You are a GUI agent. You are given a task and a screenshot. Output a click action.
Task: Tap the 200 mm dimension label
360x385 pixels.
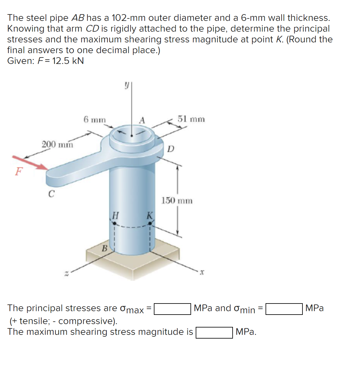coord(58,144)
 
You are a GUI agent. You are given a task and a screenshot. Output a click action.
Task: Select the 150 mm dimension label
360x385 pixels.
coord(177,201)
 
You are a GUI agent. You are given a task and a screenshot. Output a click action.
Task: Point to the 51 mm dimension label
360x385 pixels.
coord(191,119)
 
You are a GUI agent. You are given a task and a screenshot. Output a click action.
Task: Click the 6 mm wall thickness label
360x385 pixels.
coord(94,119)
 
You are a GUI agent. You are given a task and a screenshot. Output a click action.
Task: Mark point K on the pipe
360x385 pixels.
coord(150,224)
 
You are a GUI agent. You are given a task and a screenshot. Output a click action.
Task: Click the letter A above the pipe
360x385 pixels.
coord(142,120)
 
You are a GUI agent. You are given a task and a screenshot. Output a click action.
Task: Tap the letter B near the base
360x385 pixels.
coord(105,248)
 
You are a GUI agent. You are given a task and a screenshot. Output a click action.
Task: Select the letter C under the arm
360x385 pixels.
coord(51,194)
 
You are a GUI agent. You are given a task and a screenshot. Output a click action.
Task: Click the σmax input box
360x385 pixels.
coord(172,309)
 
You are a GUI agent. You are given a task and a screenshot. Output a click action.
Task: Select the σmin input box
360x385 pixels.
coord(284,309)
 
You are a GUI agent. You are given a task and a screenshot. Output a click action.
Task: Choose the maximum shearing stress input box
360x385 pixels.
coord(214,332)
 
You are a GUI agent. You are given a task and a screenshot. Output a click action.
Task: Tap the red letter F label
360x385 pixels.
coord(19,171)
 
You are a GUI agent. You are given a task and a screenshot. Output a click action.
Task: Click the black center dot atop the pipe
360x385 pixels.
coord(132,135)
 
